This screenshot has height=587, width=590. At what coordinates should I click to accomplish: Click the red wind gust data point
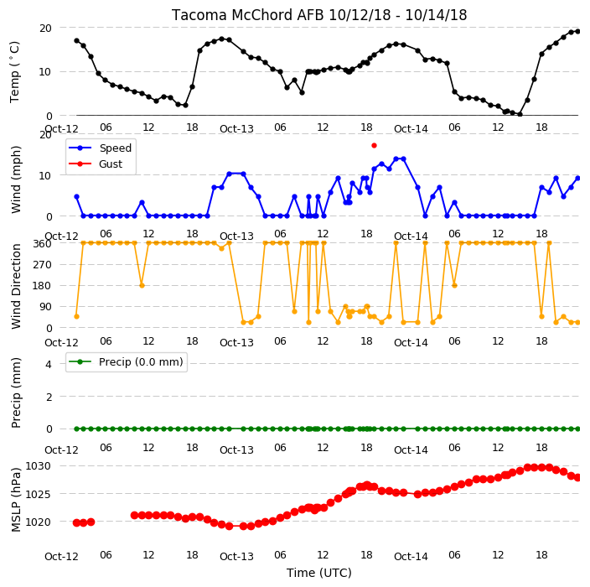(x=374, y=146)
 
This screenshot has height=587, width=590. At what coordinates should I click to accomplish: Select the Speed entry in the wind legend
(x=100, y=148)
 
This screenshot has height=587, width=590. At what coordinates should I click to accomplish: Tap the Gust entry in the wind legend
(x=96, y=164)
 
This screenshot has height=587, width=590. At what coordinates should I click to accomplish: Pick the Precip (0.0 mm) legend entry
(x=127, y=361)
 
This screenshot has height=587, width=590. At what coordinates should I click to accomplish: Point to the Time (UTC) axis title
(x=319, y=573)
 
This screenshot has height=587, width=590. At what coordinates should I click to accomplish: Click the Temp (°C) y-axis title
(x=15, y=72)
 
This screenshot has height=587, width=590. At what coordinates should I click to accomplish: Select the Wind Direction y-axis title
(x=16, y=286)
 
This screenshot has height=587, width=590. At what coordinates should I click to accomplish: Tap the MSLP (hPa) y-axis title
(x=16, y=500)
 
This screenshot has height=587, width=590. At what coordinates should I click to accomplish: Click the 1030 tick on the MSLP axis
(x=38, y=466)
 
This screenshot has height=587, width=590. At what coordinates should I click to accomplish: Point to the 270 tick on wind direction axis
(x=42, y=265)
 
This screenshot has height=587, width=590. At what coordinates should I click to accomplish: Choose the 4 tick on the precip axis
(x=49, y=364)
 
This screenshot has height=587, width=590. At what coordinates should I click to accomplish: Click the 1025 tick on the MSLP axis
(x=38, y=494)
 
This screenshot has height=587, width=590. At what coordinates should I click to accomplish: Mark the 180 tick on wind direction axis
(x=42, y=286)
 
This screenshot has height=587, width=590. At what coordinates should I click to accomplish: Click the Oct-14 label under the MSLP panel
(x=411, y=557)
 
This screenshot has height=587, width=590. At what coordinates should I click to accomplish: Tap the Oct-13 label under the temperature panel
(x=236, y=129)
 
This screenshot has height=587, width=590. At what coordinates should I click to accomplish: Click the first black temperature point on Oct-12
(x=77, y=40)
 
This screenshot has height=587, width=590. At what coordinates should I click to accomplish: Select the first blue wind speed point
(x=77, y=197)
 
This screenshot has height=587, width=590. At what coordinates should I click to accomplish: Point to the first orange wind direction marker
(x=77, y=317)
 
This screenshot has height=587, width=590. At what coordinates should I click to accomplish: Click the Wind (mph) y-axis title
(x=16, y=179)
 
